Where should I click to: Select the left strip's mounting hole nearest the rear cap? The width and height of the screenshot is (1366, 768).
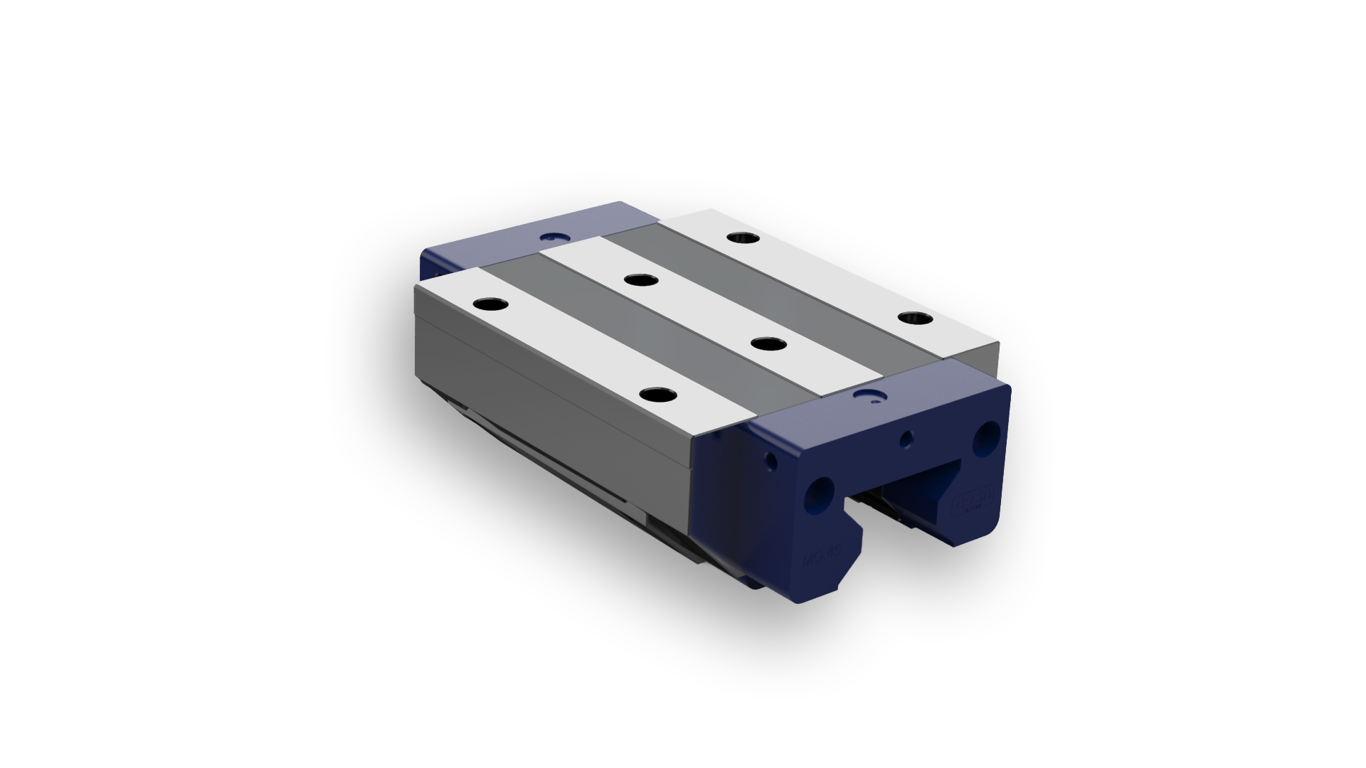(x=490, y=304)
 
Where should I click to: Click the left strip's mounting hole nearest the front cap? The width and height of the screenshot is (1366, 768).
(x=658, y=395)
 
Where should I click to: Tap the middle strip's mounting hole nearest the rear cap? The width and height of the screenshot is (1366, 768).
(x=641, y=279)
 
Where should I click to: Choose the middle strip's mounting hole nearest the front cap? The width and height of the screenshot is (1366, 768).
(x=768, y=344)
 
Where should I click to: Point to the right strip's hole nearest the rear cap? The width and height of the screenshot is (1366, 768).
(x=743, y=237)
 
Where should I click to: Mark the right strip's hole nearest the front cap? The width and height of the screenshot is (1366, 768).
(x=915, y=318)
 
